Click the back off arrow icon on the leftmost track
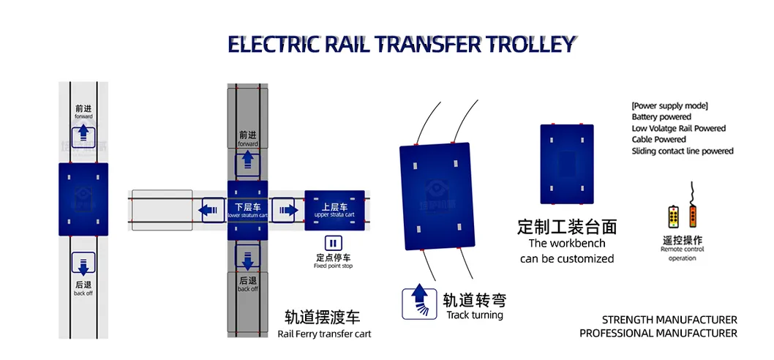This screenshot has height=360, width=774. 83,264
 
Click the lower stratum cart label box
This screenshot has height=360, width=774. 247,211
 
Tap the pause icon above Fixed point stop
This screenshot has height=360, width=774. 333,244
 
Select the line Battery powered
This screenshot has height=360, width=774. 661,117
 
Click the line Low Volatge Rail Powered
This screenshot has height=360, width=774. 679,129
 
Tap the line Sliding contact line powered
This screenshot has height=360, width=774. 683,151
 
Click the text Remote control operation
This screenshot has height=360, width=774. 682,253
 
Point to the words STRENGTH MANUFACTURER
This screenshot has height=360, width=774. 669,320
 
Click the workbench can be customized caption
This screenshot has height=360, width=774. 567,251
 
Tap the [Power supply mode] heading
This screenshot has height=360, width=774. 669,105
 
